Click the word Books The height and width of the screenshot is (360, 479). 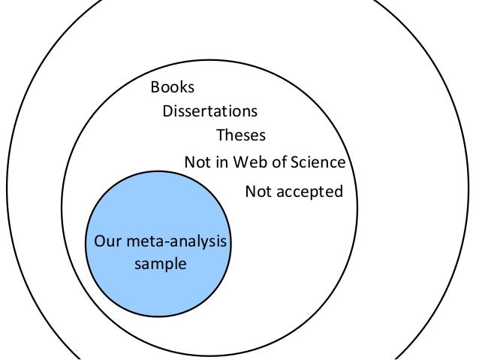tap(173, 86)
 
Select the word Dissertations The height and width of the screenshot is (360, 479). tap(209, 111)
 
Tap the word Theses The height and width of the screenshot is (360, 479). tap(240, 136)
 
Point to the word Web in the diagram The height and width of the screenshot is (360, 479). tap(246, 162)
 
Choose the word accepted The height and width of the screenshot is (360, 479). tap(310, 192)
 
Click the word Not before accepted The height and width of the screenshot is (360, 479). tap(258, 192)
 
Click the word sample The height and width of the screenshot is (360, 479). tap(160, 264)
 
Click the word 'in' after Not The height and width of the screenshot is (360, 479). tap(220, 162)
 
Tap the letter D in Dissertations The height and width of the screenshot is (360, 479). tap(167, 111)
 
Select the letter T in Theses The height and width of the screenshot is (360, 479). tap(221, 136)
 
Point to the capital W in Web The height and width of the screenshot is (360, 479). tap(237, 162)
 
